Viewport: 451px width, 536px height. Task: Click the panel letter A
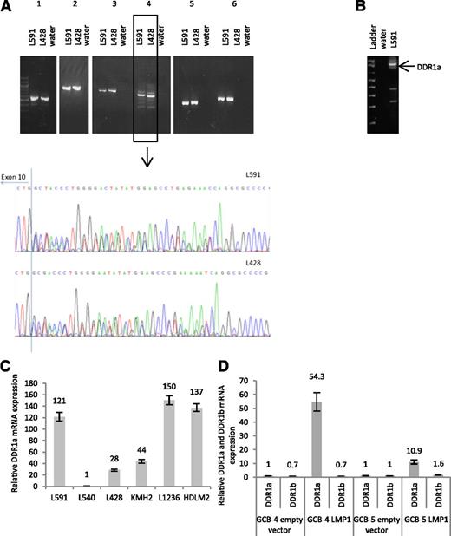[6, 8]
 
